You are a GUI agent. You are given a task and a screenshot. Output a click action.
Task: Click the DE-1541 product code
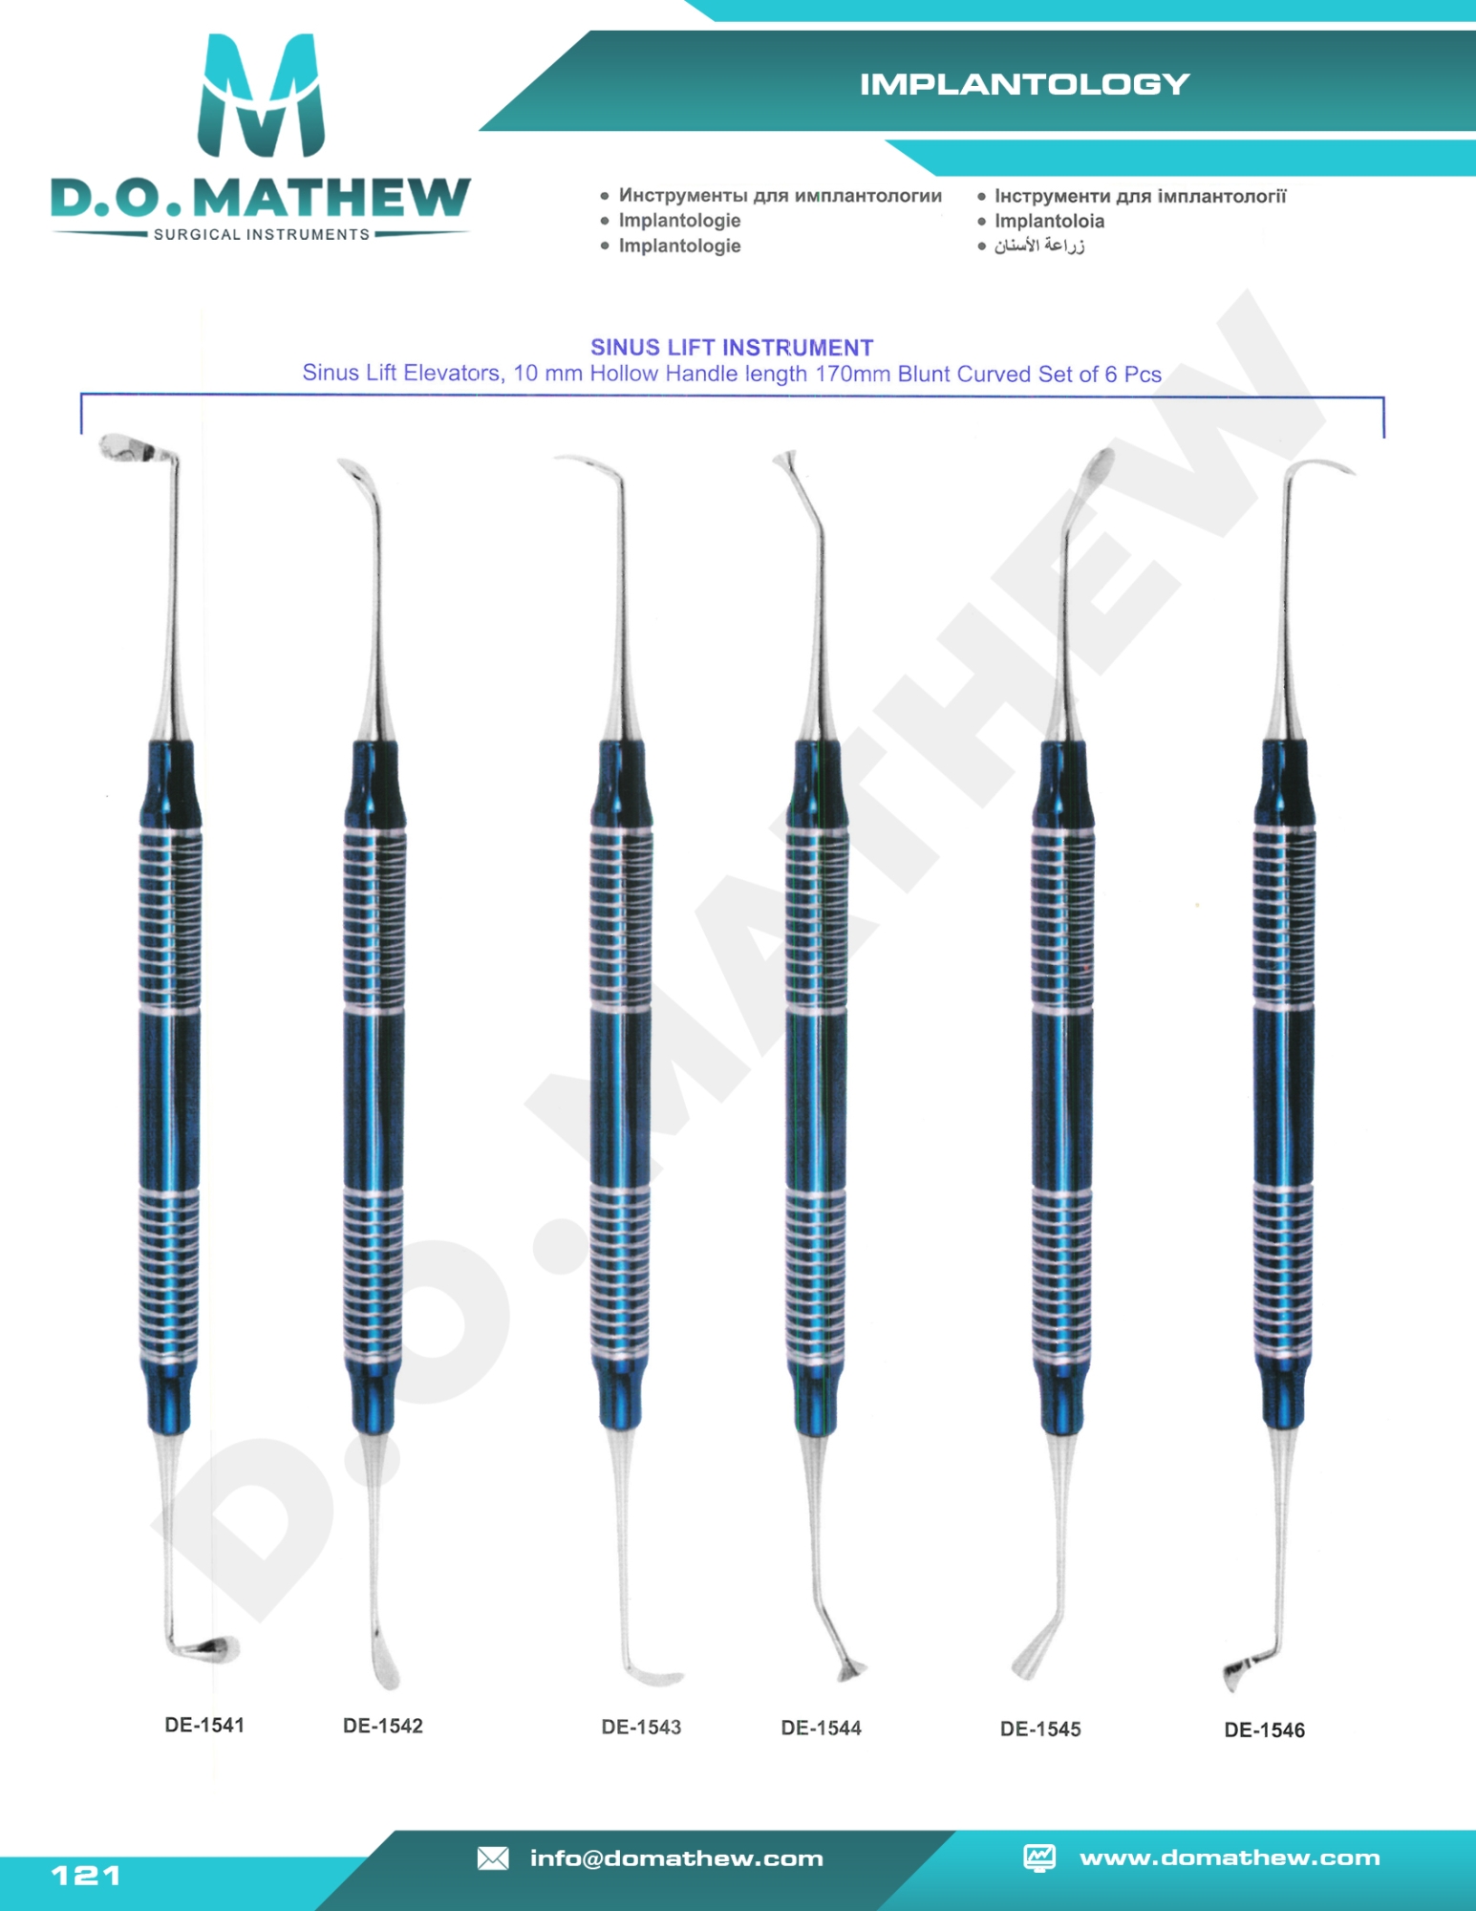tap(204, 1725)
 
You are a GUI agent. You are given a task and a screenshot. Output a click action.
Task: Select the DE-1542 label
tap(382, 1726)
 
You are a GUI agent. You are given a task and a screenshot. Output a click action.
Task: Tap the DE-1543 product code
tap(641, 1727)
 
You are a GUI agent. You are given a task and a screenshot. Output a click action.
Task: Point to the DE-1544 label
tap(821, 1728)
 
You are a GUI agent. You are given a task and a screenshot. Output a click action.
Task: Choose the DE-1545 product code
tap(1040, 1728)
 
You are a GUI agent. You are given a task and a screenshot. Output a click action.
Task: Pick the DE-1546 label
tap(1264, 1729)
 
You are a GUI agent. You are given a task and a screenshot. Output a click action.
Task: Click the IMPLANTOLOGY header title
tap(1024, 85)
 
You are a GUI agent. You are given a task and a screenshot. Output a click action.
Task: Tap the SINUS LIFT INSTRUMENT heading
tap(732, 348)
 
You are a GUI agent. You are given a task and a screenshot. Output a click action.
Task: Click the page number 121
tap(86, 1875)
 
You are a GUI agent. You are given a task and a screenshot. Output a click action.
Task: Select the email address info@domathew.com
tap(676, 1858)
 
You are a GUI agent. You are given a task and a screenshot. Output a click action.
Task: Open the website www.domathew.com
tap(1230, 1857)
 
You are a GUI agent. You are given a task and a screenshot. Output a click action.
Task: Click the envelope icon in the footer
tap(493, 1858)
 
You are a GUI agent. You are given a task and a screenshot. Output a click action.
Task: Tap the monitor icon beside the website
tap(1039, 1857)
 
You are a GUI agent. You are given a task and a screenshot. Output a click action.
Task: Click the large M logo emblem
tap(260, 96)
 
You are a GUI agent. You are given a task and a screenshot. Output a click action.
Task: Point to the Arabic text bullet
tap(1038, 246)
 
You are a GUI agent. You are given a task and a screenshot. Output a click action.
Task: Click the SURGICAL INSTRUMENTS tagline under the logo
tap(261, 234)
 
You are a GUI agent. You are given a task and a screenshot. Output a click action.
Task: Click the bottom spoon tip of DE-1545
tap(1032, 1663)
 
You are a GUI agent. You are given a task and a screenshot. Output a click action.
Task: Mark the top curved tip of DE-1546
tap(1323, 467)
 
